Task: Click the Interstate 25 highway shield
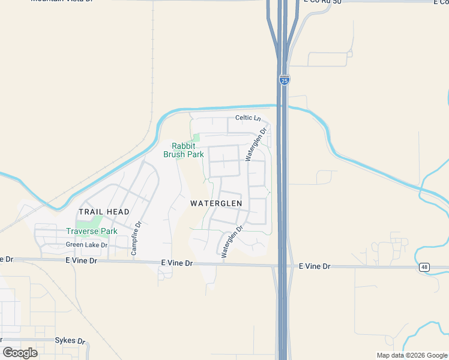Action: (283, 79)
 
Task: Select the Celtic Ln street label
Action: (249, 118)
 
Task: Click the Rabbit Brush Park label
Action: (184, 150)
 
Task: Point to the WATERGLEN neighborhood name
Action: (216, 203)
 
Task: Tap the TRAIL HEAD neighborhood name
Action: (104, 212)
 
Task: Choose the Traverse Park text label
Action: (92, 231)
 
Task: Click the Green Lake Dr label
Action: (86, 245)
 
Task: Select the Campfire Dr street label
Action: (136, 238)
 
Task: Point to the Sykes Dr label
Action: (70, 340)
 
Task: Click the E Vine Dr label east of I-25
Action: (315, 266)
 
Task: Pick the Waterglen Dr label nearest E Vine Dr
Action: (232, 242)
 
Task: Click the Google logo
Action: (20, 353)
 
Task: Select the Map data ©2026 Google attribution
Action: (411, 355)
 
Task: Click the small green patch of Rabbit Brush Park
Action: (196, 138)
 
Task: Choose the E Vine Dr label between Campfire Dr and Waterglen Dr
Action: (176, 263)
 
